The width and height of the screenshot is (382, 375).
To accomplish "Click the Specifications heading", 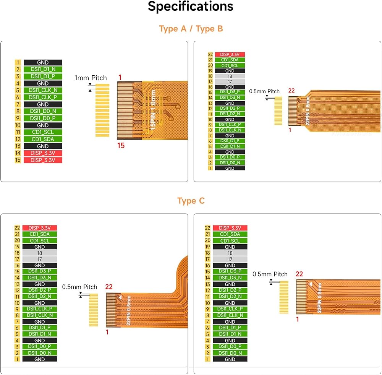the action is tap(191, 6).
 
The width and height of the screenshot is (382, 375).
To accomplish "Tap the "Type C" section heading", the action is tap(191, 201).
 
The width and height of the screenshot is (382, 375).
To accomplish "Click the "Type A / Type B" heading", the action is tap(191, 29).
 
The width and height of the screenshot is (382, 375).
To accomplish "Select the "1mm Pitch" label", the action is tap(91, 78).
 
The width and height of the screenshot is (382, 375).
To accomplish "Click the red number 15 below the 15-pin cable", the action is tap(121, 146).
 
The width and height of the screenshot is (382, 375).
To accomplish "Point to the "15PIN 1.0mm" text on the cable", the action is tap(153, 110).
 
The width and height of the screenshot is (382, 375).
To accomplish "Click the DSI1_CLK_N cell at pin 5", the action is tap(43, 90).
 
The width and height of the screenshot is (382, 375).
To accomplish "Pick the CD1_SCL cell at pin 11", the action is tap(43, 132).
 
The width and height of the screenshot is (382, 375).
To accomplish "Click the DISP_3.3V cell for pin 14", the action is tap(43, 153).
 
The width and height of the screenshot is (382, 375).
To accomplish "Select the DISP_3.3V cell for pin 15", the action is tap(43, 160).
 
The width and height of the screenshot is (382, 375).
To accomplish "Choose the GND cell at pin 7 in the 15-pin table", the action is tap(43, 104).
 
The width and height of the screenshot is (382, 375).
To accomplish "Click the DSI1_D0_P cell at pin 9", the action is tap(43, 118).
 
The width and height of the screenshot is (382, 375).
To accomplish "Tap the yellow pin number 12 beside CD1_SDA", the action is tap(18, 139).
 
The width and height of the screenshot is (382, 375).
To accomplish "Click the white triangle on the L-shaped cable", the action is tap(120, 297).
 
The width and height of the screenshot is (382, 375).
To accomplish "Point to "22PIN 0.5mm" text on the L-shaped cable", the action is tap(129, 310).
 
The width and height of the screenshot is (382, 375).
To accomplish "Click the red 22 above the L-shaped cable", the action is tap(109, 287).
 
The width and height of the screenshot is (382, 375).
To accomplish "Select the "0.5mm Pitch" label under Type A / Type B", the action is tap(264, 91).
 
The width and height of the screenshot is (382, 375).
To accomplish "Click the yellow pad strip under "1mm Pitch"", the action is tap(102, 110).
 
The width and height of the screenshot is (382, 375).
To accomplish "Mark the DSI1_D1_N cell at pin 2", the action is tap(43, 69).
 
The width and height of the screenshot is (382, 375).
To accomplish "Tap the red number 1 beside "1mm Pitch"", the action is tap(120, 78).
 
